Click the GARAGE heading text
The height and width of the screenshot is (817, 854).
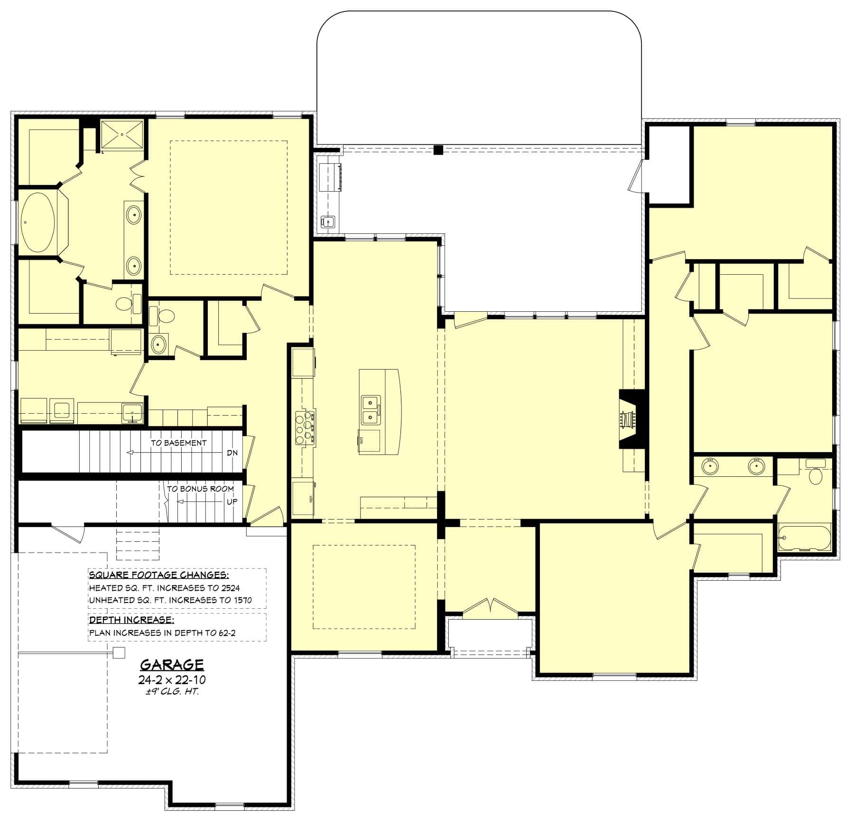(x=172, y=664)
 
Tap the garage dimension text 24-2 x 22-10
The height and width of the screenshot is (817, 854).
(x=172, y=680)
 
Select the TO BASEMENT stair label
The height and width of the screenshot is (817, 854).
(x=179, y=443)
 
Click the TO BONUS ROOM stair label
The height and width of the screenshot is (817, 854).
(x=200, y=489)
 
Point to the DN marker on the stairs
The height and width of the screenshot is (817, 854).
(x=232, y=453)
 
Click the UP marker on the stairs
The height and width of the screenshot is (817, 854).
(x=232, y=501)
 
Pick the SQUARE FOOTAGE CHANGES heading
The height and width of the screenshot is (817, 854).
(x=159, y=575)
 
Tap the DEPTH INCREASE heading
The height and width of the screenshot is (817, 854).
(x=131, y=620)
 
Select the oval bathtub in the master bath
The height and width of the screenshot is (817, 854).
(x=37, y=222)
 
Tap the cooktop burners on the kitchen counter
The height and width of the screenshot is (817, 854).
(x=305, y=427)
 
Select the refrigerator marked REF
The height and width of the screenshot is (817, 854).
(x=303, y=498)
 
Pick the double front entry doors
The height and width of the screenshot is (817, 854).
(x=491, y=609)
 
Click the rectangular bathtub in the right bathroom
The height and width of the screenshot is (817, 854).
(x=805, y=538)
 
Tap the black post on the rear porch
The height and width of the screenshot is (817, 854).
(x=438, y=150)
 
